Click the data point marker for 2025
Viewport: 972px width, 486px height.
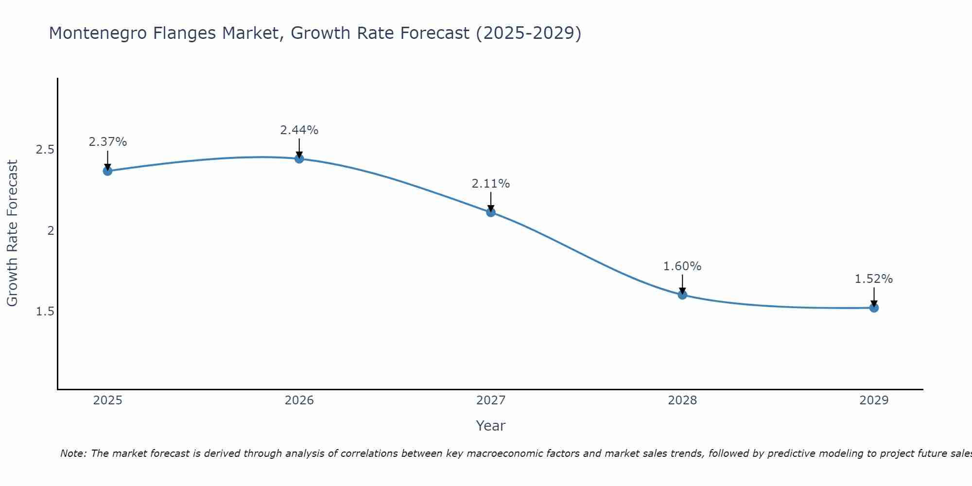(x=107, y=171)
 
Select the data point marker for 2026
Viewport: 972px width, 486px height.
(x=299, y=158)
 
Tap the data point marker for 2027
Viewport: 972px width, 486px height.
(x=490, y=212)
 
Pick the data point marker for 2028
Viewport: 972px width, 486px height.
(x=682, y=295)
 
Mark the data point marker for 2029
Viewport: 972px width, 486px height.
(x=873, y=308)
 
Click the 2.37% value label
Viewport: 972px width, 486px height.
(x=107, y=142)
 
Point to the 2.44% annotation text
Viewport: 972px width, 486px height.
(x=299, y=130)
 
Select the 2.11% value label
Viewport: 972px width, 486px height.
(x=490, y=184)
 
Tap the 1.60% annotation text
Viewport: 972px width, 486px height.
(x=682, y=266)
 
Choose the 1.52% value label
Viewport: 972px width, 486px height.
(x=873, y=279)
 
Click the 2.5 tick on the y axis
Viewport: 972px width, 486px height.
(x=45, y=150)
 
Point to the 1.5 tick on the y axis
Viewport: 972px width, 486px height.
(x=45, y=312)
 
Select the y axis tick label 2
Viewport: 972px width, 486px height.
(x=50, y=231)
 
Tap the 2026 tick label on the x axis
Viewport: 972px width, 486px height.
(x=299, y=400)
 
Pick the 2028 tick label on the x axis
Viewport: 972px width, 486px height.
(x=682, y=400)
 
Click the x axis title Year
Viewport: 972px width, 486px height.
(x=490, y=426)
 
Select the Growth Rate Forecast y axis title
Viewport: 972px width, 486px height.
(x=12, y=233)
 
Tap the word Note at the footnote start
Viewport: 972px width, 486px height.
(x=73, y=453)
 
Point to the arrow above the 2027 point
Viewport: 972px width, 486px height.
(x=490, y=201)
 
